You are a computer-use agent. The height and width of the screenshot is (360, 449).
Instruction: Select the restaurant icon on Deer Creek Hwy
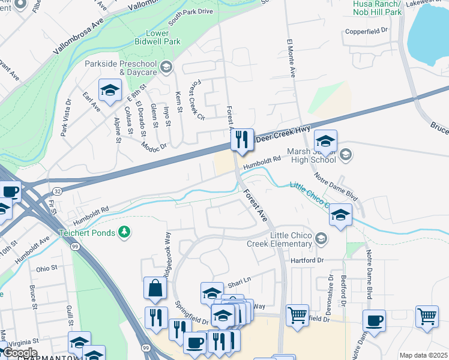pos(243,140)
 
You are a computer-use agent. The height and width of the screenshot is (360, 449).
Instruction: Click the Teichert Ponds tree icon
pos(125,232)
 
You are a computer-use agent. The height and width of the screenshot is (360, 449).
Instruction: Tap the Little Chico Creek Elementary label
pos(280,239)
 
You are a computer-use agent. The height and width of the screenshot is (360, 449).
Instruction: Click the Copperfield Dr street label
pos(366,31)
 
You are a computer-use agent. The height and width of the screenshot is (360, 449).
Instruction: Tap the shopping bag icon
pos(155,288)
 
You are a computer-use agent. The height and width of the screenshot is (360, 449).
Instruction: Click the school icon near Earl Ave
pos(110,91)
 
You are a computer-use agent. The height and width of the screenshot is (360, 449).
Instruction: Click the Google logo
pos(20,353)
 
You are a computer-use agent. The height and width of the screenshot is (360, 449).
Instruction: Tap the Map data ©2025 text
pos(423,355)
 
